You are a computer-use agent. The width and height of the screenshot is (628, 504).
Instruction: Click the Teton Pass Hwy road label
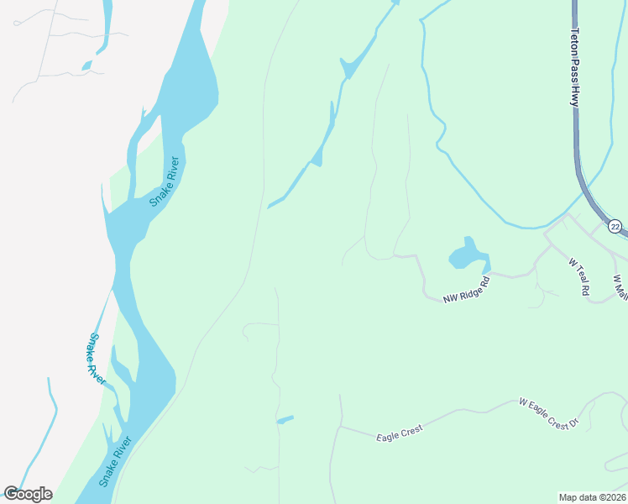575,67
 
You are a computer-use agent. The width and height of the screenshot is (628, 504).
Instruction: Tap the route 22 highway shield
615,227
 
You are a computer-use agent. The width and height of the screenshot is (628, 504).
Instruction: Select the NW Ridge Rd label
466,289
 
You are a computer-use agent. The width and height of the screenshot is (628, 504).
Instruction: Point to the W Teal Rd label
579,276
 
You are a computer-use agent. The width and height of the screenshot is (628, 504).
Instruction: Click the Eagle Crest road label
399,433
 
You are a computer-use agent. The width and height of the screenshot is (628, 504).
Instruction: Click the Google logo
28,494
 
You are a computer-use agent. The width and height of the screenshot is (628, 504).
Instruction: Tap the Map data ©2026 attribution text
592,496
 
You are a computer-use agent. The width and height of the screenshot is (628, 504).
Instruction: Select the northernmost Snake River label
165,181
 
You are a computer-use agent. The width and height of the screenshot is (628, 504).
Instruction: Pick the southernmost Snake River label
116,461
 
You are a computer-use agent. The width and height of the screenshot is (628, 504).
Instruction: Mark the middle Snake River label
96,360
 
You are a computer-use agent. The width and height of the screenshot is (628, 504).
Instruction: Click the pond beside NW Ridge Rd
466,254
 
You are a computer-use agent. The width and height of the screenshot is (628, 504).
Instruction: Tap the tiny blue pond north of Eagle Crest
285,420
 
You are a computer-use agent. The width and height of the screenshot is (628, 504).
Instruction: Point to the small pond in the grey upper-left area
87,65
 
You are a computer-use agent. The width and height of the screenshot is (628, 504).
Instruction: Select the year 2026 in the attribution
613,496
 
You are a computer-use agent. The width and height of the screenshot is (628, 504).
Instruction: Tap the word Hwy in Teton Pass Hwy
575,97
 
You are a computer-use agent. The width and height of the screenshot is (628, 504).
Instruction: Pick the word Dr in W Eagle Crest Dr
574,424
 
